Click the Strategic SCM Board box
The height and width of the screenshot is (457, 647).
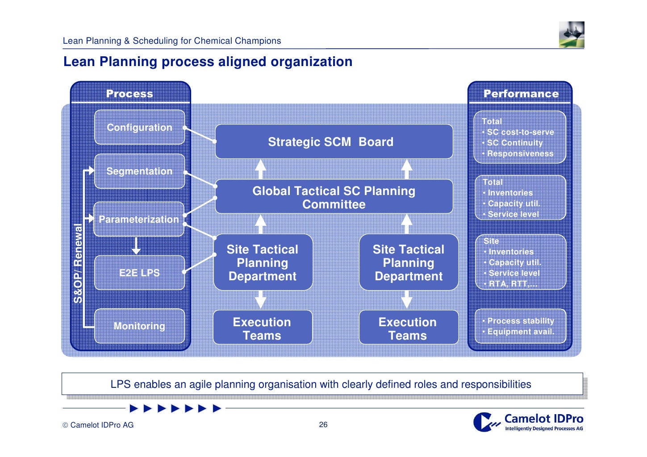pos(334,142)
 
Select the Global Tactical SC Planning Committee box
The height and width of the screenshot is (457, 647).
pos(334,197)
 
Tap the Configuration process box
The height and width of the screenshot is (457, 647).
pos(139,128)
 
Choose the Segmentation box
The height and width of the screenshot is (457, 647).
pos(139,171)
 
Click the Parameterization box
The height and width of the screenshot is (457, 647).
pos(138,219)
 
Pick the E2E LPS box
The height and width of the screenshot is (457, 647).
pos(139,273)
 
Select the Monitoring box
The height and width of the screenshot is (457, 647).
pos(139,326)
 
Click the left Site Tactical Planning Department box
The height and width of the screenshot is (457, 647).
pos(263,263)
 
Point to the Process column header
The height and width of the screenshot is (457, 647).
pos(129,94)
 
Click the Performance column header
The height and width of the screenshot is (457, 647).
pos(521,94)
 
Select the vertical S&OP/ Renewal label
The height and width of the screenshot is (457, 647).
pos(78,263)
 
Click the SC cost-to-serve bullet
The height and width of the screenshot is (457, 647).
pos(520,132)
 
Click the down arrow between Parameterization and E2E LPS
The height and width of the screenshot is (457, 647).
pos(136,246)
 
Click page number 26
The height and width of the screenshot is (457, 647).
pos(323,424)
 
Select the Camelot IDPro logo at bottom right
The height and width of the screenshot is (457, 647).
pos(529,422)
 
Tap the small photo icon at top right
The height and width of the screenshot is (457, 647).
pos(572,34)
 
